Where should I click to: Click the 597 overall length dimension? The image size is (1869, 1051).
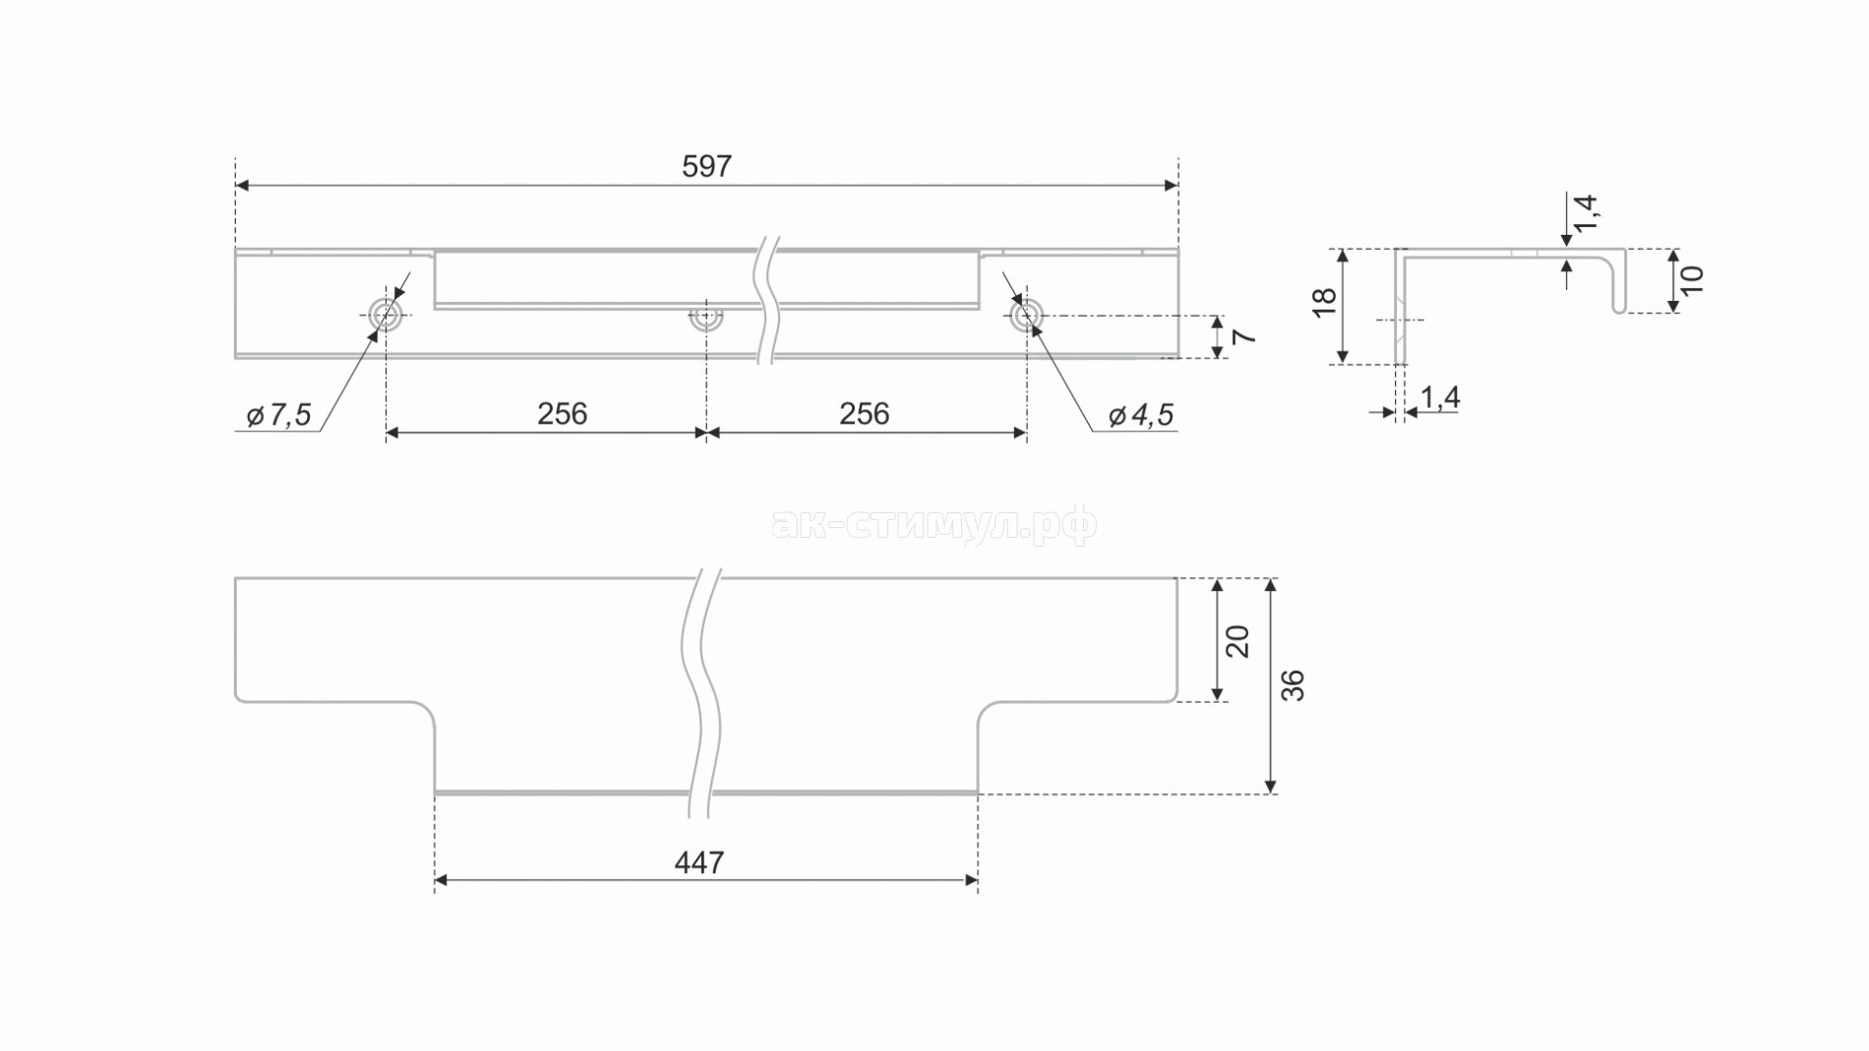(706, 167)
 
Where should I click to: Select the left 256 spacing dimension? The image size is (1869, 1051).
(562, 414)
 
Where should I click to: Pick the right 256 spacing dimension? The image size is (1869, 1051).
(864, 414)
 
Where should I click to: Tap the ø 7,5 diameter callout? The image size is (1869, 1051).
(278, 416)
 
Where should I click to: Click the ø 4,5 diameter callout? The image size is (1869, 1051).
(1141, 416)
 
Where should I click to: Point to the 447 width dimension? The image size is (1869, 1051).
(699, 863)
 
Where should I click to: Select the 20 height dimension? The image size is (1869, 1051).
(1237, 641)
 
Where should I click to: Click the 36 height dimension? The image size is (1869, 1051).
(1293, 685)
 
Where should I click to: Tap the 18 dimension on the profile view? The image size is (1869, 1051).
(1324, 302)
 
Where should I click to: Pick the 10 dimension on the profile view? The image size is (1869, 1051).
(1691, 280)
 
